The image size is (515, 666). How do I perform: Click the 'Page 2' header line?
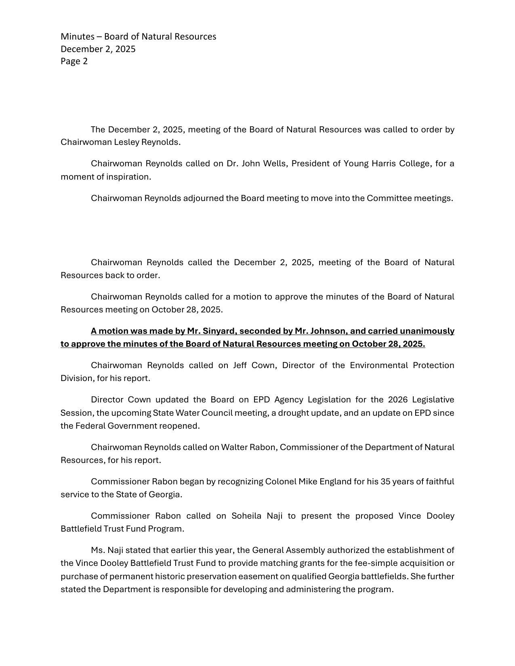tap(74, 61)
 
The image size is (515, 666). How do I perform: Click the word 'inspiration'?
tap(128, 177)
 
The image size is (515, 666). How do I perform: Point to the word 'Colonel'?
tap(280, 482)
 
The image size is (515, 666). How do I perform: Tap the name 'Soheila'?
tap(246, 516)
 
